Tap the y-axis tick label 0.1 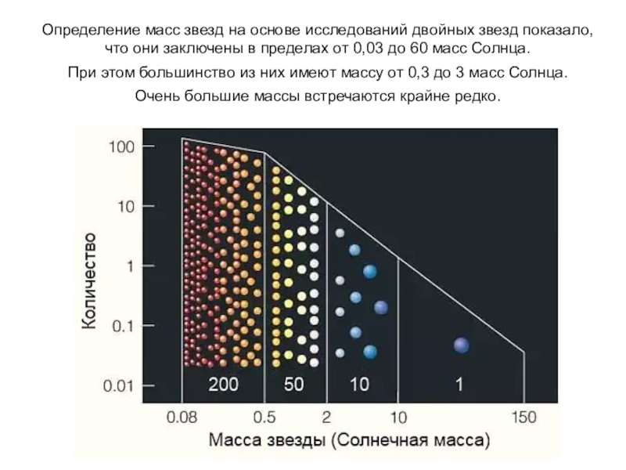122,325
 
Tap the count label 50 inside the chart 294,385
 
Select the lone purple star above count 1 461,345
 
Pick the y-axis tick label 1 130,266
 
